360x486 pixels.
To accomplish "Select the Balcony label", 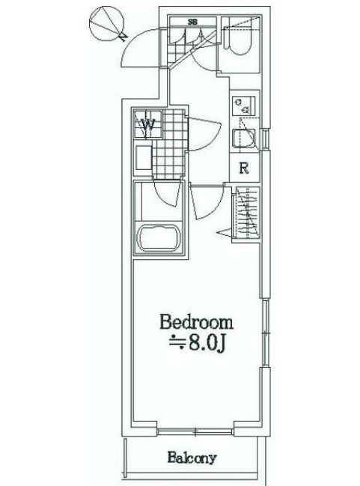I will pos(192,457).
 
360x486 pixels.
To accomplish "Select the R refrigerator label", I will pos(243,168).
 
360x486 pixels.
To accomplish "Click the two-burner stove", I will pos(243,106).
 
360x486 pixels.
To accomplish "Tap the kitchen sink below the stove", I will pos(244,140).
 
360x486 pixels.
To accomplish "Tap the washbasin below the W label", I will pos(144,159).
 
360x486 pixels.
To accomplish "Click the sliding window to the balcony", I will pos(197,430).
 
